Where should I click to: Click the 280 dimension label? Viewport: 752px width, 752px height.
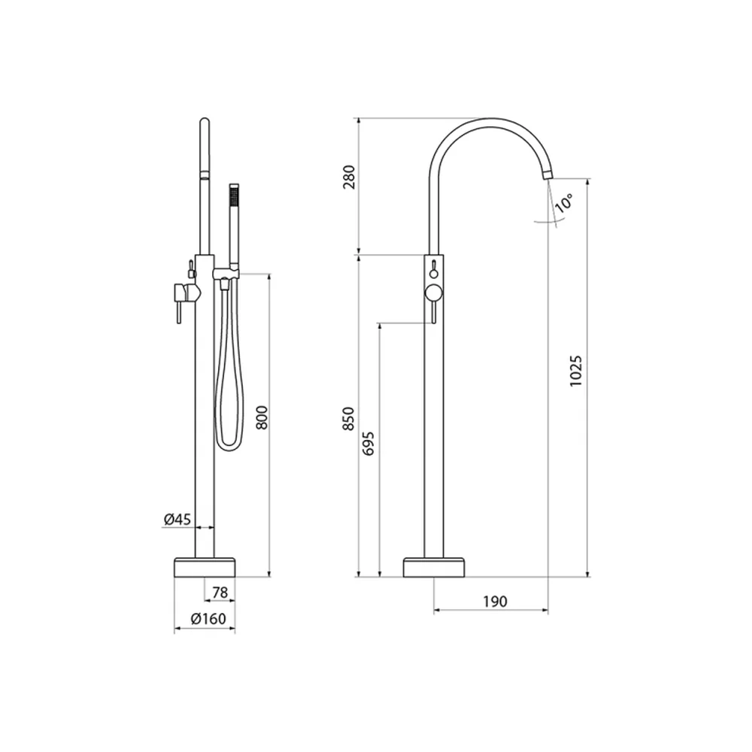[350, 177]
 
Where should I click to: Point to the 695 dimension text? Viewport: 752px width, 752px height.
[368, 444]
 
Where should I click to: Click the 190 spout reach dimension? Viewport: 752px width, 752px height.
[495, 602]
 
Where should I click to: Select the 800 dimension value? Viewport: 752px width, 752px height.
[262, 417]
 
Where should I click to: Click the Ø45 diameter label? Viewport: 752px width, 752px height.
[177, 519]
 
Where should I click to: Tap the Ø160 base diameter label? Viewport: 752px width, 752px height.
[208, 619]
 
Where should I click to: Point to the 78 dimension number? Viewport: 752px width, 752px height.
[220, 593]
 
